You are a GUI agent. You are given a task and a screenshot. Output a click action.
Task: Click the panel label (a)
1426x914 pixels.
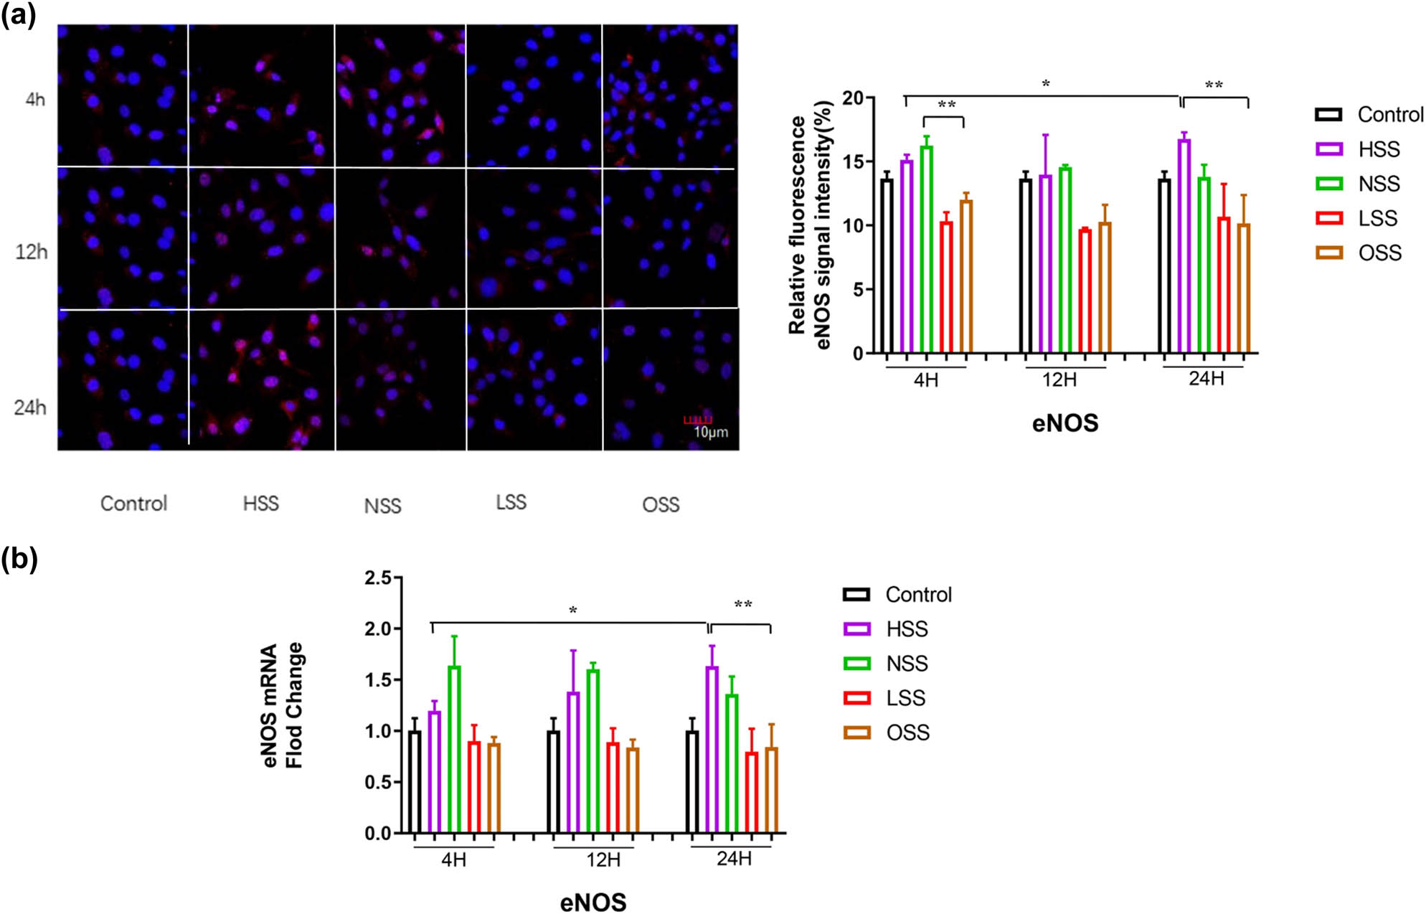pos(19,14)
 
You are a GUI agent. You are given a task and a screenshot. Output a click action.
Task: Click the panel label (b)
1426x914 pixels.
pos(19,559)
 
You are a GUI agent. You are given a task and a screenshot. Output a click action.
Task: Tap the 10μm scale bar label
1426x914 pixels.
pos(710,432)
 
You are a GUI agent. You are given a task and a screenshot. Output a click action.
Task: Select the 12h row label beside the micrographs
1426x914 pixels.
pos(32,252)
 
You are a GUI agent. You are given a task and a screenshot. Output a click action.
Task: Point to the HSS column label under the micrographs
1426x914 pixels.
pos(260,503)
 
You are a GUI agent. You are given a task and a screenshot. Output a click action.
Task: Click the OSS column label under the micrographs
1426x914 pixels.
pos(661,504)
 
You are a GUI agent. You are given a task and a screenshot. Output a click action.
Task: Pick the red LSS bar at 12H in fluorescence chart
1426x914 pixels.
pos(1085,291)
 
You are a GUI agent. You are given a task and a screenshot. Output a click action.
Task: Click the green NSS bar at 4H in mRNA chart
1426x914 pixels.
pos(454,749)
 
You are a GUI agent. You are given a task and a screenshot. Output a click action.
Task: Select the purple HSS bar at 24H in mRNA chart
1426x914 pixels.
pos(712,750)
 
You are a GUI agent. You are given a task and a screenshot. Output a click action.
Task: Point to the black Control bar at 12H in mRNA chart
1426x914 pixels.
pos(554,782)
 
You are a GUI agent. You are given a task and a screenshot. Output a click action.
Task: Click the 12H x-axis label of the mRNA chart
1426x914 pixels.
pos(603,859)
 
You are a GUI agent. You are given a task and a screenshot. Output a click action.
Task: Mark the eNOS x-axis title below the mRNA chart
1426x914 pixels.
pos(593,902)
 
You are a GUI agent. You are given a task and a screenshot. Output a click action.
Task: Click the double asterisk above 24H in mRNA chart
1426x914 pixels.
pos(743,605)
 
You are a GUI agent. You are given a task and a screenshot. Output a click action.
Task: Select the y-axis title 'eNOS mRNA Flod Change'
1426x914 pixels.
pos(283,705)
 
